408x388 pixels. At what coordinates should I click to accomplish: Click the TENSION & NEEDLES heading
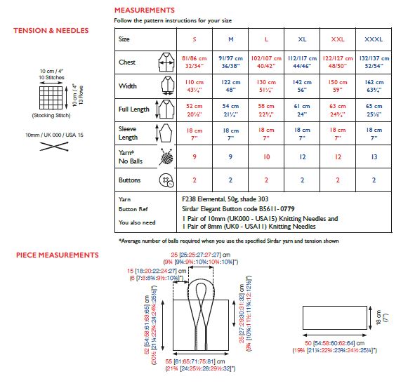pos(51,31)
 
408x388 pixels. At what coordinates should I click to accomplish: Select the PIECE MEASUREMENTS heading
pos(56,254)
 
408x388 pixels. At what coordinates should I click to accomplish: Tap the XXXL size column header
pos(374,39)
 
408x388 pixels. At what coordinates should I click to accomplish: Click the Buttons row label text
pos(129,180)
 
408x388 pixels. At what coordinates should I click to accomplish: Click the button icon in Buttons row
pos(166,180)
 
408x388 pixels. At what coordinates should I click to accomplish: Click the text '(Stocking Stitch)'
pos(49,114)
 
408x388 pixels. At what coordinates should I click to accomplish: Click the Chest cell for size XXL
pos(338,62)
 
